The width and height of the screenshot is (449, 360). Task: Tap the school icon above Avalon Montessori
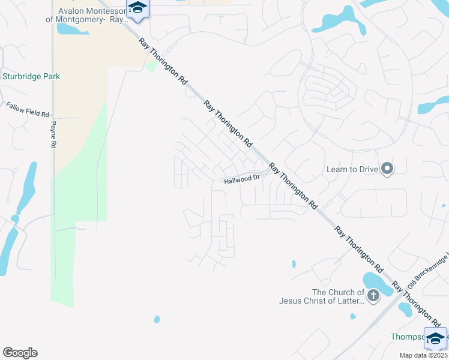click(x=137, y=8)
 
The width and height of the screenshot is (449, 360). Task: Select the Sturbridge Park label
click(x=31, y=77)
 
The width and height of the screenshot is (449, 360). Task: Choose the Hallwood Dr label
click(x=242, y=179)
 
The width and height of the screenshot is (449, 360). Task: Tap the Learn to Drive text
click(x=352, y=169)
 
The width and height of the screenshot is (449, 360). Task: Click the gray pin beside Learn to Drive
click(x=387, y=169)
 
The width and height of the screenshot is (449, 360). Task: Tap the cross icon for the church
click(x=373, y=295)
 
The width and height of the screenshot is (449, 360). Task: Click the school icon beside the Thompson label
click(x=435, y=337)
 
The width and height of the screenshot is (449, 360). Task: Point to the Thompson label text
click(x=407, y=337)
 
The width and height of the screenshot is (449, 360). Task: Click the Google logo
click(x=20, y=353)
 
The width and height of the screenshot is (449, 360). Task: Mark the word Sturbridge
click(x=21, y=77)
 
